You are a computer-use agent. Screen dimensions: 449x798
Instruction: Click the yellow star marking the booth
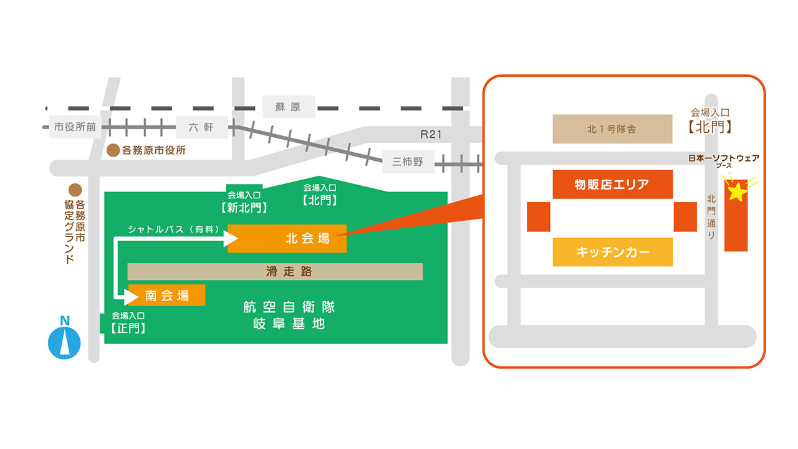(x=737, y=191)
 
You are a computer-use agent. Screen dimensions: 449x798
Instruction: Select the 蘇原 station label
(x=288, y=107)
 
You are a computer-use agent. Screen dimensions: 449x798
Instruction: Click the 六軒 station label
(x=201, y=127)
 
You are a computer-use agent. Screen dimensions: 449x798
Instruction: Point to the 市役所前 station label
(x=75, y=127)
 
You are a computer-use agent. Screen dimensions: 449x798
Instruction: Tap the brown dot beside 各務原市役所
(x=113, y=150)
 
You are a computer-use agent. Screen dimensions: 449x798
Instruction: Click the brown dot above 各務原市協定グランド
(x=75, y=190)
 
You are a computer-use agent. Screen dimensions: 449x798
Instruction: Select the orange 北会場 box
(x=287, y=238)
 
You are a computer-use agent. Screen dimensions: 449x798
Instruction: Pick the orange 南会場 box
(x=166, y=295)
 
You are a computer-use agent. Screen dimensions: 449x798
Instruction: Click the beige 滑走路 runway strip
(x=275, y=271)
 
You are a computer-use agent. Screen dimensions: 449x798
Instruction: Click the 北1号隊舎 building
(x=612, y=129)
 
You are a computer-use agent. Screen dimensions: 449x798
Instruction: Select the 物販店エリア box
(x=612, y=184)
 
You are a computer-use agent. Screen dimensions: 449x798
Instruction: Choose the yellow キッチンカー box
(x=612, y=252)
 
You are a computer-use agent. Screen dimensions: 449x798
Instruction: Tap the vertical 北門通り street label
(x=711, y=216)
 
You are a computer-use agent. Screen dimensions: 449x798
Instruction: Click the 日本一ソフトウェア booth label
(x=723, y=158)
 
